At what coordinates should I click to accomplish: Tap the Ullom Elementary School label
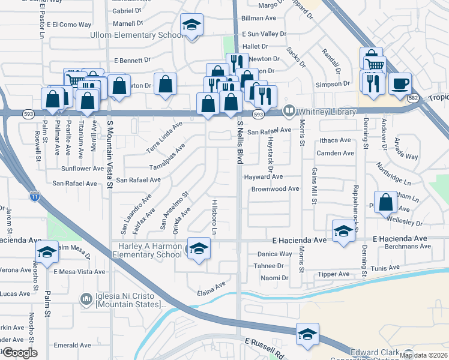point(136,35)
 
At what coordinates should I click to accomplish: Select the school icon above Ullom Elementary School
point(191,25)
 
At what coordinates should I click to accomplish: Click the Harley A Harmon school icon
point(198,249)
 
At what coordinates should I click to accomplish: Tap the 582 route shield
point(412,98)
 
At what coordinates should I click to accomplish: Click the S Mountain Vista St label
point(110,154)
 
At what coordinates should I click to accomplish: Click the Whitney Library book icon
point(289,111)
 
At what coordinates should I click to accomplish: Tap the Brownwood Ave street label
point(275,188)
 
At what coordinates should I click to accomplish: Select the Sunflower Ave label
point(82,169)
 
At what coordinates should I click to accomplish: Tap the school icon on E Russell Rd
point(307,335)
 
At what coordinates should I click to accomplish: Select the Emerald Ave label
point(72,345)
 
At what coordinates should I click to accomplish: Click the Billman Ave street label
point(257,19)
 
